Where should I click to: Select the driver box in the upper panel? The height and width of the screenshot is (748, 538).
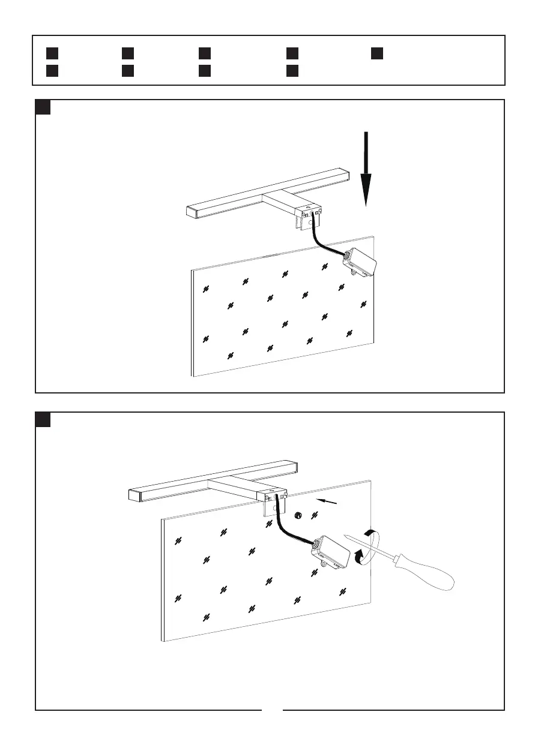[x=362, y=262]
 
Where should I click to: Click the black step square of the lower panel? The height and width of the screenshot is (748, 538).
[x=43, y=419]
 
